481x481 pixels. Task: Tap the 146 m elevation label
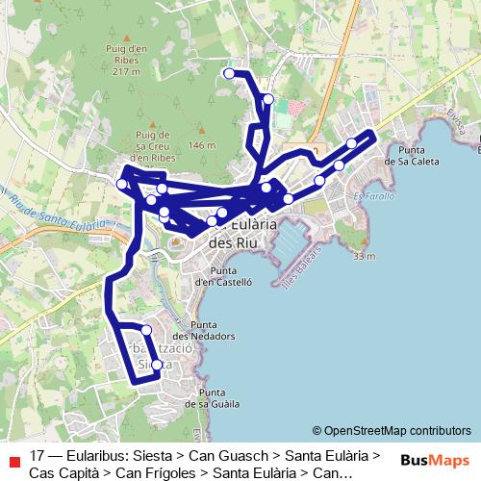202,145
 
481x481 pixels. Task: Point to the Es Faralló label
374,197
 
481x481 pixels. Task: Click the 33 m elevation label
363,257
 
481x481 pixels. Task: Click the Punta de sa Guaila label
218,398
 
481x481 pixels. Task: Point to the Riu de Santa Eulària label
46,217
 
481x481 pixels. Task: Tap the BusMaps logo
435,460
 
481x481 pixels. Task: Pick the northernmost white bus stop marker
229,73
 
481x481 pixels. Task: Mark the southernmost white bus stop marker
157,365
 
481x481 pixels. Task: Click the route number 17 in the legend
38,456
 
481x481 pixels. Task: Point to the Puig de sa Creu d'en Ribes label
153,145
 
